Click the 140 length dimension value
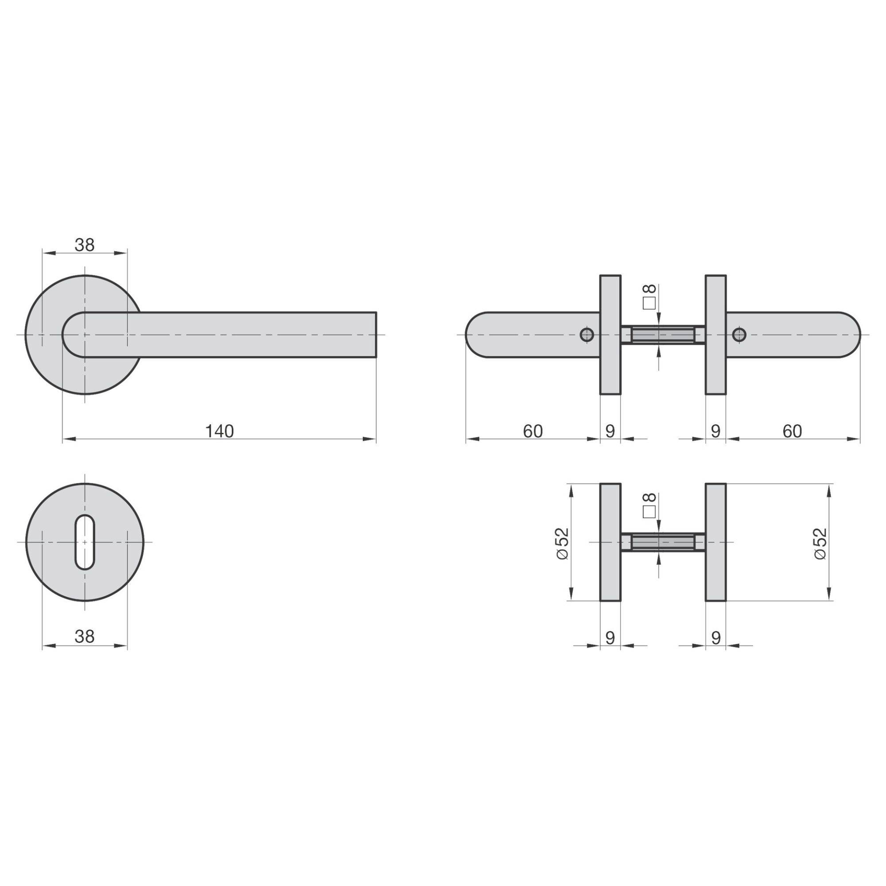[x=219, y=431]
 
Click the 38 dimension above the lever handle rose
[x=85, y=245]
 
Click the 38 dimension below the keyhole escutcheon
[x=85, y=636]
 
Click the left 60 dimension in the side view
[x=533, y=431]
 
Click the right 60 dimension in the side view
[x=792, y=431]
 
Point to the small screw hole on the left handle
[x=587, y=335]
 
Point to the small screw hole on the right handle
[x=738, y=335]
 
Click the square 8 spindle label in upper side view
[x=649, y=297]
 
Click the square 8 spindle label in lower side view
[x=649, y=505]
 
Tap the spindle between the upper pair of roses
[x=663, y=335]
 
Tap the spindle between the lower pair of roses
[x=663, y=543]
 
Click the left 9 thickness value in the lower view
[x=610, y=637]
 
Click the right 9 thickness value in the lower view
[x=716, y=637]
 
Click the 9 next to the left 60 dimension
[x=610, y=431]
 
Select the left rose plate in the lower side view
[x=610, y=543]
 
